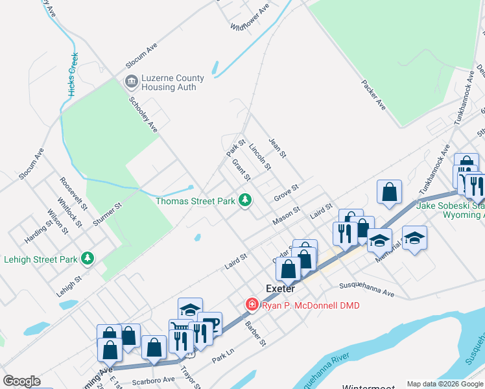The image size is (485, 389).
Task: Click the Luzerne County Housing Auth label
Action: pyautogui.click(x=172, y=83)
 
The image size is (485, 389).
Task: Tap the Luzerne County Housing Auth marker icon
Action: pyautogui.click(x=130, y=82)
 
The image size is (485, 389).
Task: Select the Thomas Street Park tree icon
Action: pyautogui.click(x=245, y=200)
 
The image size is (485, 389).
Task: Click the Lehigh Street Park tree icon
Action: pyautogui.click(x=87, y=259)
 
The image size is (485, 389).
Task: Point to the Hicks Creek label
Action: pyautogui.click(x=73, y=75)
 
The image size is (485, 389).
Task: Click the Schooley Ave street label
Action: pyautogui.click(x=143, y=114)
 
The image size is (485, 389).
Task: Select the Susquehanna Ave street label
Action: pyautogui.click(x=367, y=289)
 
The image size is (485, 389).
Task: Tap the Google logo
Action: pyautogui.click(x=21, y=381)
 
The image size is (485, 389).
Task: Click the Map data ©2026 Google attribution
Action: pyautogui.click(x=445, y=384)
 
